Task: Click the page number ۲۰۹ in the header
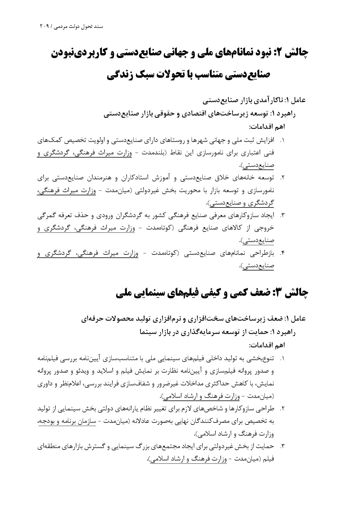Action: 45,26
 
